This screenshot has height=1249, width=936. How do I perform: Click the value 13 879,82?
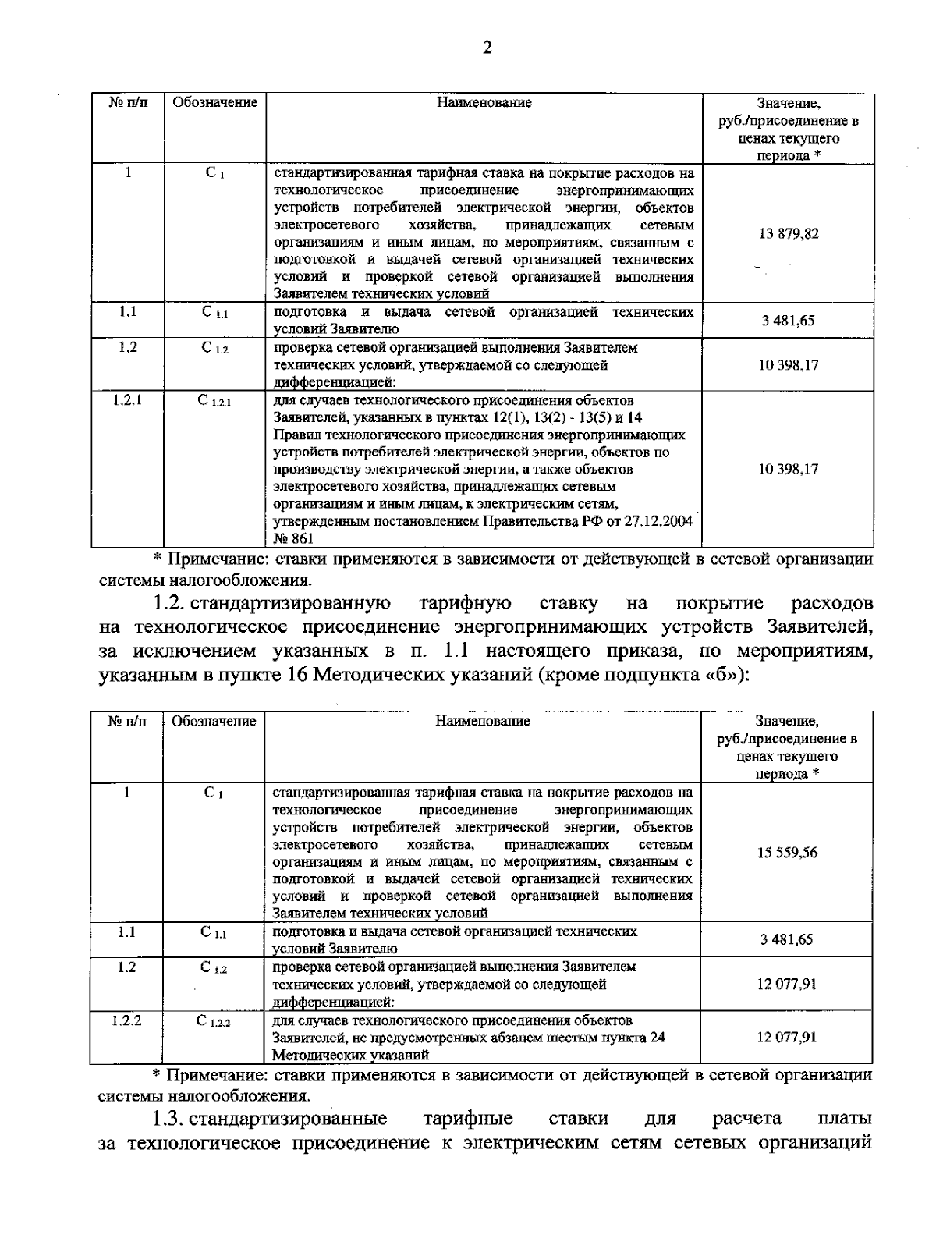[x=789, y=233]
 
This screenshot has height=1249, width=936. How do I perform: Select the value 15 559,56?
[x=787, y=853]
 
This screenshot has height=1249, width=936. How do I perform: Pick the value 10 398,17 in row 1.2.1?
[x=789, y=470]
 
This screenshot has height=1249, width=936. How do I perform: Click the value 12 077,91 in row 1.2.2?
[x=787, y=1038]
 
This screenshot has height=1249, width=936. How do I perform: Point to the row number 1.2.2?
[x=126, y=1020]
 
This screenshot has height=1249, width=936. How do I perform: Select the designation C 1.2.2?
[x=214, y=1021]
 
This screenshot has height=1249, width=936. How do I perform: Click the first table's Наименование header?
[x=484, y=103]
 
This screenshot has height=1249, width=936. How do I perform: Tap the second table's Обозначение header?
[x=214, y=722]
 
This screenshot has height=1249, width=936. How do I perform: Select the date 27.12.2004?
[x=660, y=522]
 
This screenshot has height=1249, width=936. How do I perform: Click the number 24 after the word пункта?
[x=657, y=1038]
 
